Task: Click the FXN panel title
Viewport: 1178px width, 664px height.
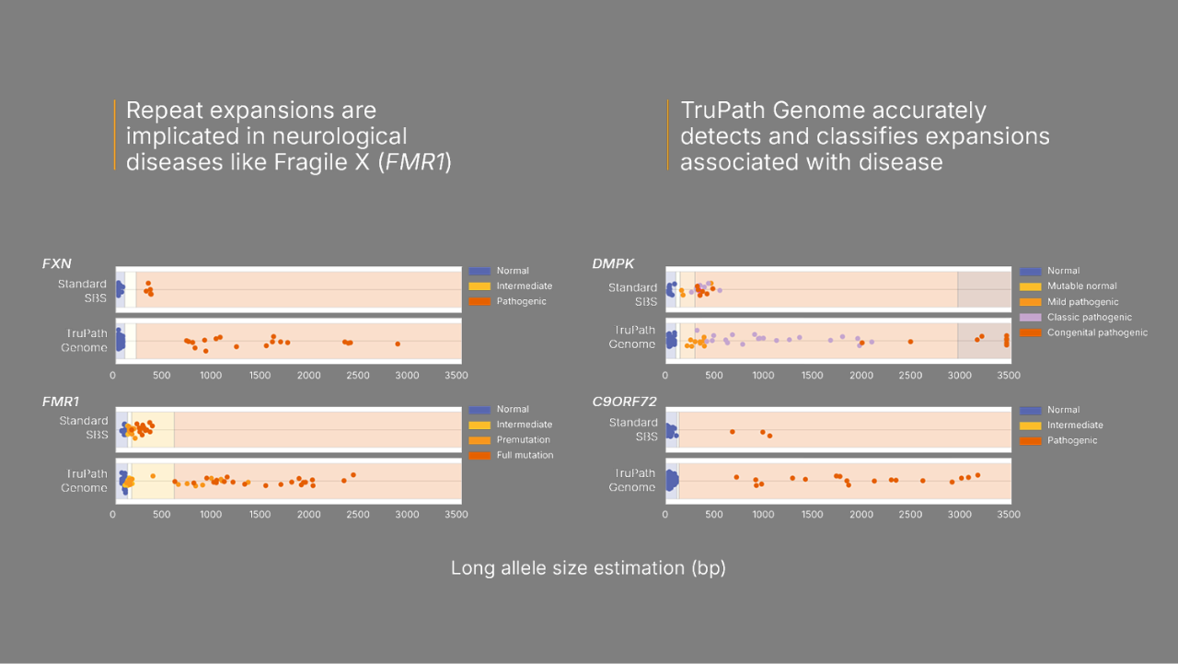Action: tap(56, 263)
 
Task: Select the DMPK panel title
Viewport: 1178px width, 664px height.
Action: tap(613, 263)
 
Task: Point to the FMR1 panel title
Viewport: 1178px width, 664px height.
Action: tap(59, 402)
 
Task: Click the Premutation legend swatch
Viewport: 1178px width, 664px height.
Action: tap(479, 440)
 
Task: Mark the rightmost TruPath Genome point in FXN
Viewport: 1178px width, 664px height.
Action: tap(398, 344)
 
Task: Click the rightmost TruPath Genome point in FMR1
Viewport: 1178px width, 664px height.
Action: tap(353, 475)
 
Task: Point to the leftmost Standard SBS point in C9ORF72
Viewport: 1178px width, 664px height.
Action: tap(733, 431)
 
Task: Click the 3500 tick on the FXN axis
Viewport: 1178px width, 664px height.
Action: tap(456, 375)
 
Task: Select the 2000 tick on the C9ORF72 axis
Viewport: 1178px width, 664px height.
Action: tap(860, 514)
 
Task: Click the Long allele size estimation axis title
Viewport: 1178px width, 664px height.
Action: tap(588, 568)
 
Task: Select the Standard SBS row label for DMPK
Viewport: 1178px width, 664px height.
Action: tap(633, 295)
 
